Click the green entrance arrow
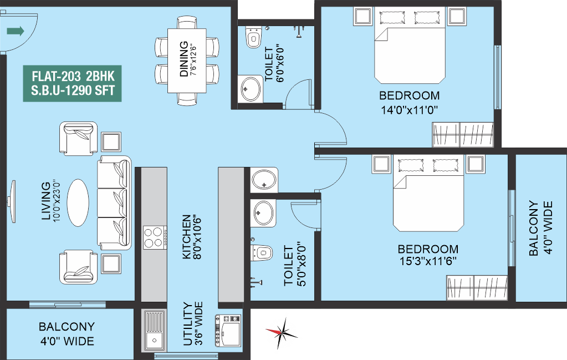pos(16,31)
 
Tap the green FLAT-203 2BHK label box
pos(72,84)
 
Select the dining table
pos(187,61)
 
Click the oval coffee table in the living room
pos(78,203)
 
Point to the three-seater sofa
pos(114,202)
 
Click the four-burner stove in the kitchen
pos(155,237)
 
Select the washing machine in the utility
pos(228,331)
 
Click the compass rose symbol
pos(283,331)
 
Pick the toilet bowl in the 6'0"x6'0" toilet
pos(253,37)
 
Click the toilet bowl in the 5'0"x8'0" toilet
pos(262,252)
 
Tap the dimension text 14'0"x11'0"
pos(410,110)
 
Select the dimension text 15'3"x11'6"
pos(428,261)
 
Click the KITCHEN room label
pos(186,237)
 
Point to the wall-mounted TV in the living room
pos(13,201)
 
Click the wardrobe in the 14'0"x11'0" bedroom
pos(463,135)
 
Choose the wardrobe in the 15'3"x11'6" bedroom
pos(477,288)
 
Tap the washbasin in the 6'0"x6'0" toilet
pos(250,89)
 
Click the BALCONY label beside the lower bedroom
pos(533,229)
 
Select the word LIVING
pos(46,201)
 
